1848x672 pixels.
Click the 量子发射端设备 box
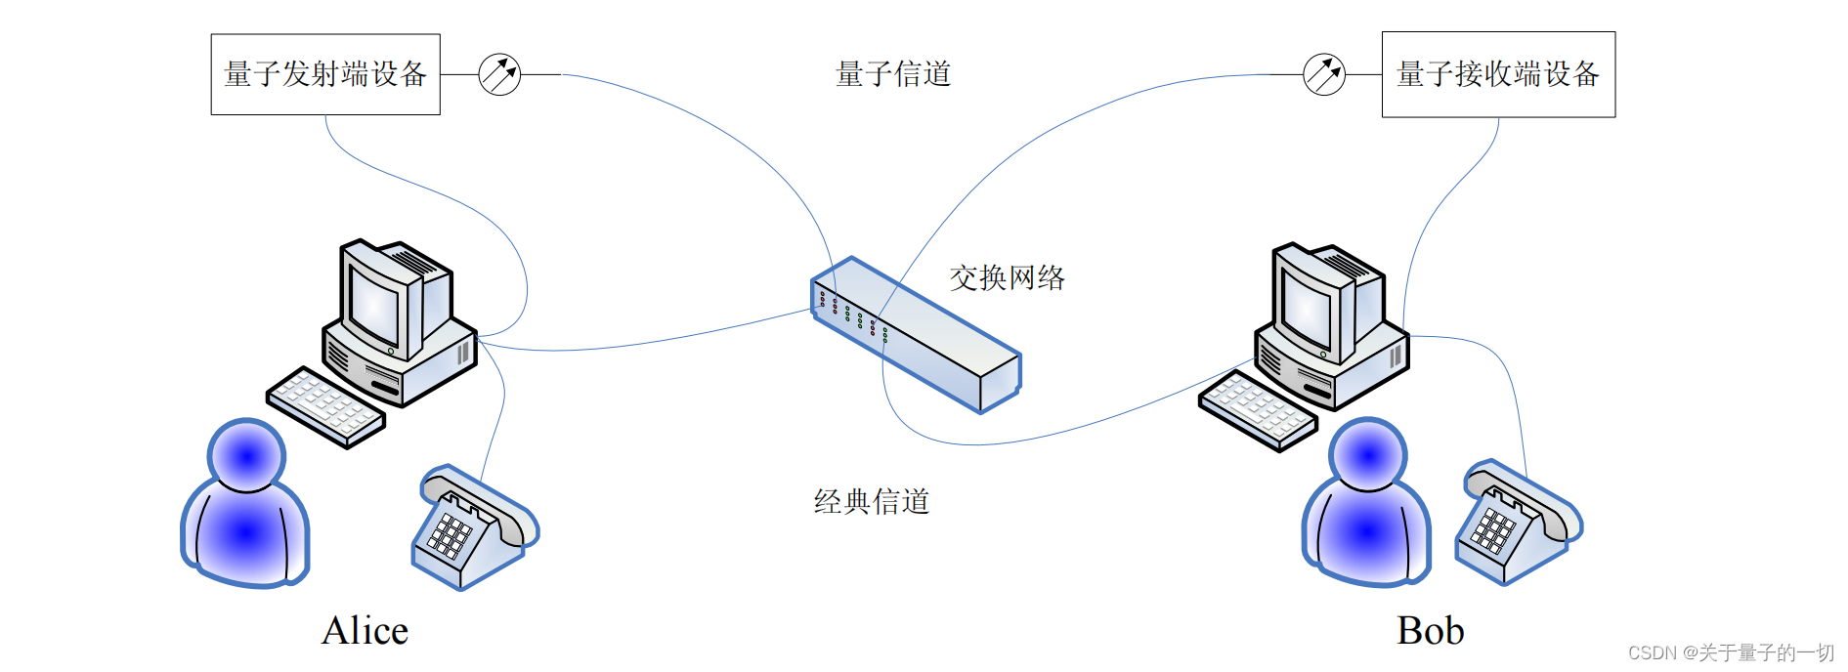coord(325,74)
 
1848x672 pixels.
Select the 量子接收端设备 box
coord(1497,74)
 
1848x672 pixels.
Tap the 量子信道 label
coord(893,74)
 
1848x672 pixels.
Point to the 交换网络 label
coord(1007,278)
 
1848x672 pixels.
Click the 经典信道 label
coord(871,502)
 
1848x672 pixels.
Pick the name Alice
coord(365,631)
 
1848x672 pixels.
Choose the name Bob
coord(1430,631)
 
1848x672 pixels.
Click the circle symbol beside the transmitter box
coord(499,74)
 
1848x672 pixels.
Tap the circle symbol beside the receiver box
coord(1324,74)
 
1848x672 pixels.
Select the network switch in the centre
coord(916,334)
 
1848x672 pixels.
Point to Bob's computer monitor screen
coord(1307,304)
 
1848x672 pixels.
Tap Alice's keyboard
coord(325,407)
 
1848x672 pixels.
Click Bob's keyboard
coord(1258,410)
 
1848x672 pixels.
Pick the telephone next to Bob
coord(1517,524)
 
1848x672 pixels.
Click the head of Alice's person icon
coord(246,455)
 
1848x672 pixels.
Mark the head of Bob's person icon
coord(1367,454)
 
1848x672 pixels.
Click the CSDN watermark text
coord(1731,652)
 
